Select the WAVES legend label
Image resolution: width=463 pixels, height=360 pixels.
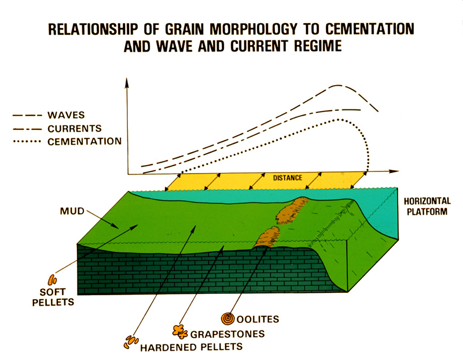pos(66,115)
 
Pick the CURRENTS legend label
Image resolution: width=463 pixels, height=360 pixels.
pos(75,128)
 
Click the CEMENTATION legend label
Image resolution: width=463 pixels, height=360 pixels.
pos(84,141)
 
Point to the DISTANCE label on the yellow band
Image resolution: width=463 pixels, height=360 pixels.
pos(288,178)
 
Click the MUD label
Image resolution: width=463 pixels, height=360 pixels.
pos(72,211)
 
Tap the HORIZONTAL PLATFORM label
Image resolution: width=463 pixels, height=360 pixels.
pos(427,207)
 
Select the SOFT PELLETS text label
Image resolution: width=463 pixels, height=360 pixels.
pos(53,297)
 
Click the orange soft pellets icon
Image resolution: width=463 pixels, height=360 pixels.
pos(53,279)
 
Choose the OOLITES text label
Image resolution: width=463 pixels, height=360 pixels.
pos(258,319)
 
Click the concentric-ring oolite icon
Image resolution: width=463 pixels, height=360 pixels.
pos(228,319)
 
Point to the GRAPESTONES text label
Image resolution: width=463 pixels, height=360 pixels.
pos(227,334)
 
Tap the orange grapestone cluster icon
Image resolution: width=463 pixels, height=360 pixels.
pos(180,332)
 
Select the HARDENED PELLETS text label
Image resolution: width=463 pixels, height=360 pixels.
pos(191,347)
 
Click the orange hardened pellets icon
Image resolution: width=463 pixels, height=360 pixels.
pos(131,341)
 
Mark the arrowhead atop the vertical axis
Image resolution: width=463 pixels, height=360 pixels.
pos(127,83)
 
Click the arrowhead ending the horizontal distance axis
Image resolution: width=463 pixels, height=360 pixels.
pos(394,171)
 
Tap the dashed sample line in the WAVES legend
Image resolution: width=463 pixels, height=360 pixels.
pos(27,116)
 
